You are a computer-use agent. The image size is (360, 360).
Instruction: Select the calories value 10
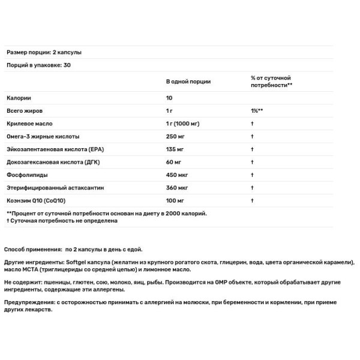pos(169,98)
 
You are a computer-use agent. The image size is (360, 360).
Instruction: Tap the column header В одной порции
pos(188,82)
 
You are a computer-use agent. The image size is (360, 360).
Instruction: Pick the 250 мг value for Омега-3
pos(175,136)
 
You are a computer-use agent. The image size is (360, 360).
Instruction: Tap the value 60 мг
pos(173,161)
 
